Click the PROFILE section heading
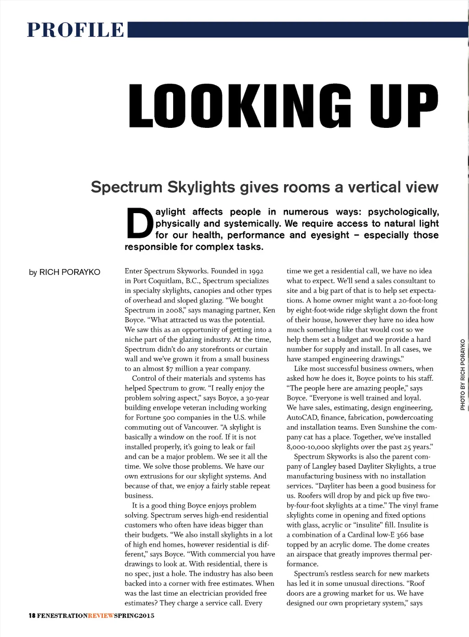point(76,30)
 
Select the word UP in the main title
point(403,105)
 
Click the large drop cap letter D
point(139,224)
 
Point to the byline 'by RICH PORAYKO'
point(65,272)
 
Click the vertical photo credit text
point(463,374)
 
